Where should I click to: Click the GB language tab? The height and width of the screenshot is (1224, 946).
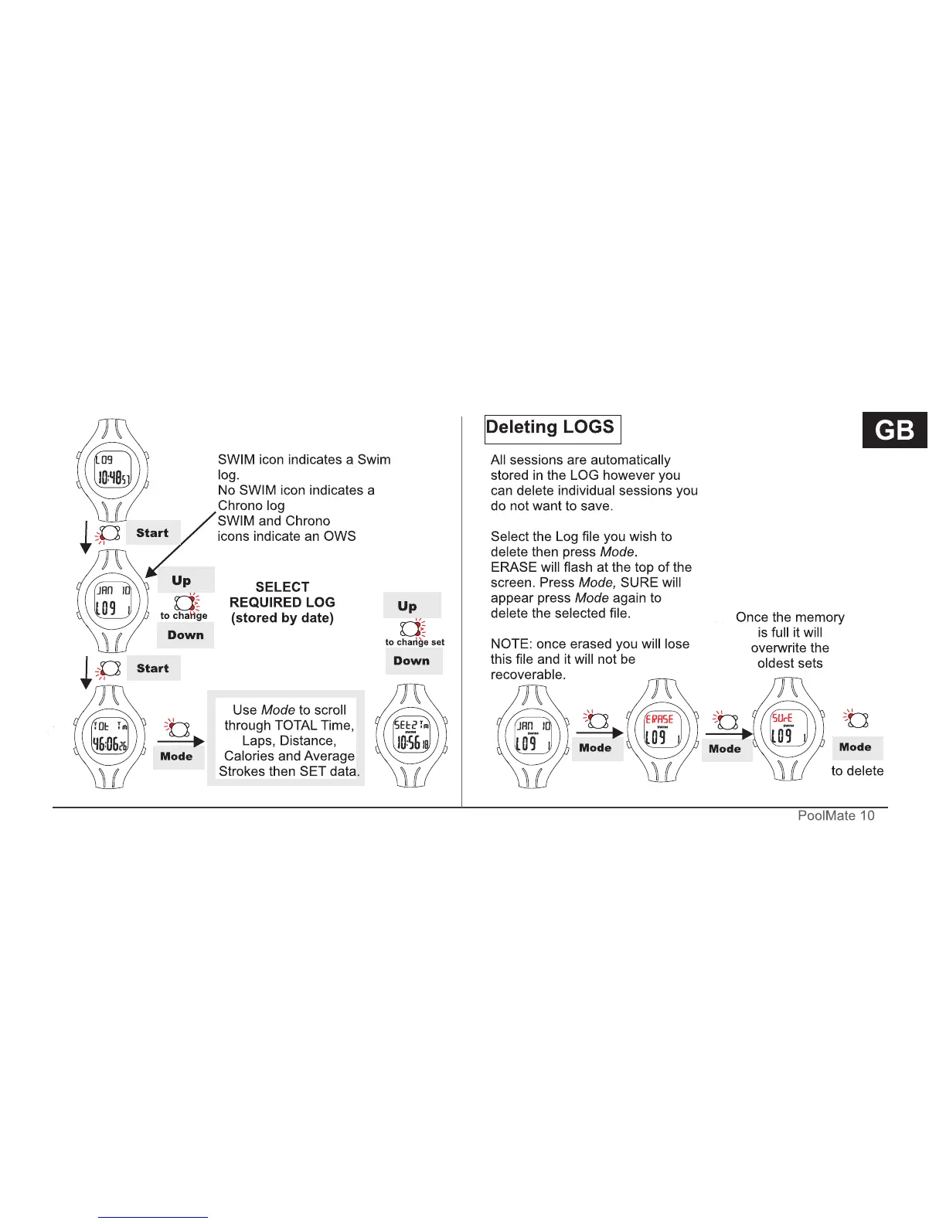pos(894,430)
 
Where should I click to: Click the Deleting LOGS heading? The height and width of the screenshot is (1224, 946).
pos(550,427)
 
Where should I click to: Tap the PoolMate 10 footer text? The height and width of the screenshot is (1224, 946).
pos(835,816)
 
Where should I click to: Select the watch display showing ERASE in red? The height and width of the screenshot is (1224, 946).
pos(659,729)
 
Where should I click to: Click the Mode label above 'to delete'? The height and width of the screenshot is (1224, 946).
pos(856,747)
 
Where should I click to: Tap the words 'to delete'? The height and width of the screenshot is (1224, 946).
pos(857,771)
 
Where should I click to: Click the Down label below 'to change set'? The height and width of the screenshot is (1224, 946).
pos(412,661)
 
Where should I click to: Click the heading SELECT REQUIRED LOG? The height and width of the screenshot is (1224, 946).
pos(282,594)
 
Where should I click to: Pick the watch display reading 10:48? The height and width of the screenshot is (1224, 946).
pos(113,470)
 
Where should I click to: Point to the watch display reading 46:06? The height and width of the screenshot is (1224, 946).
pos(110,737)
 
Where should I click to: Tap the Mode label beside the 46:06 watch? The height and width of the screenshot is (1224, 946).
pos(177,756)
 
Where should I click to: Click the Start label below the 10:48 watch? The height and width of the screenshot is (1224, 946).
pos(152,533)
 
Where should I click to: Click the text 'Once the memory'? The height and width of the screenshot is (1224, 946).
pos(790,617)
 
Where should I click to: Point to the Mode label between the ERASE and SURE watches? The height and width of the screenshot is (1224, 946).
pos(725,749)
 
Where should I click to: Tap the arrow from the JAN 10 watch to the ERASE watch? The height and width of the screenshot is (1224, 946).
pos(600,733)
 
